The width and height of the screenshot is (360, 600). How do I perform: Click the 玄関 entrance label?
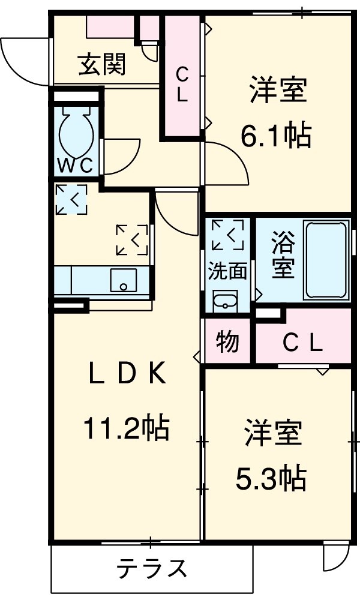click(103, 65)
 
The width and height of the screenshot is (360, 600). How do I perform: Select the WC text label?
click(76, 165)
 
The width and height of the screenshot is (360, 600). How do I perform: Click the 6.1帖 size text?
click(276, 137)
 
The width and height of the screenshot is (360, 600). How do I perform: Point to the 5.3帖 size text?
click(271, 478)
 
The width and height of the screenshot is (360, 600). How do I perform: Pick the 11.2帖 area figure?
click(125, 428)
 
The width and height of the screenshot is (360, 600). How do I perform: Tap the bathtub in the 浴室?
click(326, 259)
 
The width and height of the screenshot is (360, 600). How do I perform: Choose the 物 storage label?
click(227, 342)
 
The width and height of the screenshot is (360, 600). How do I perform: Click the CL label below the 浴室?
click(303, 343)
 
